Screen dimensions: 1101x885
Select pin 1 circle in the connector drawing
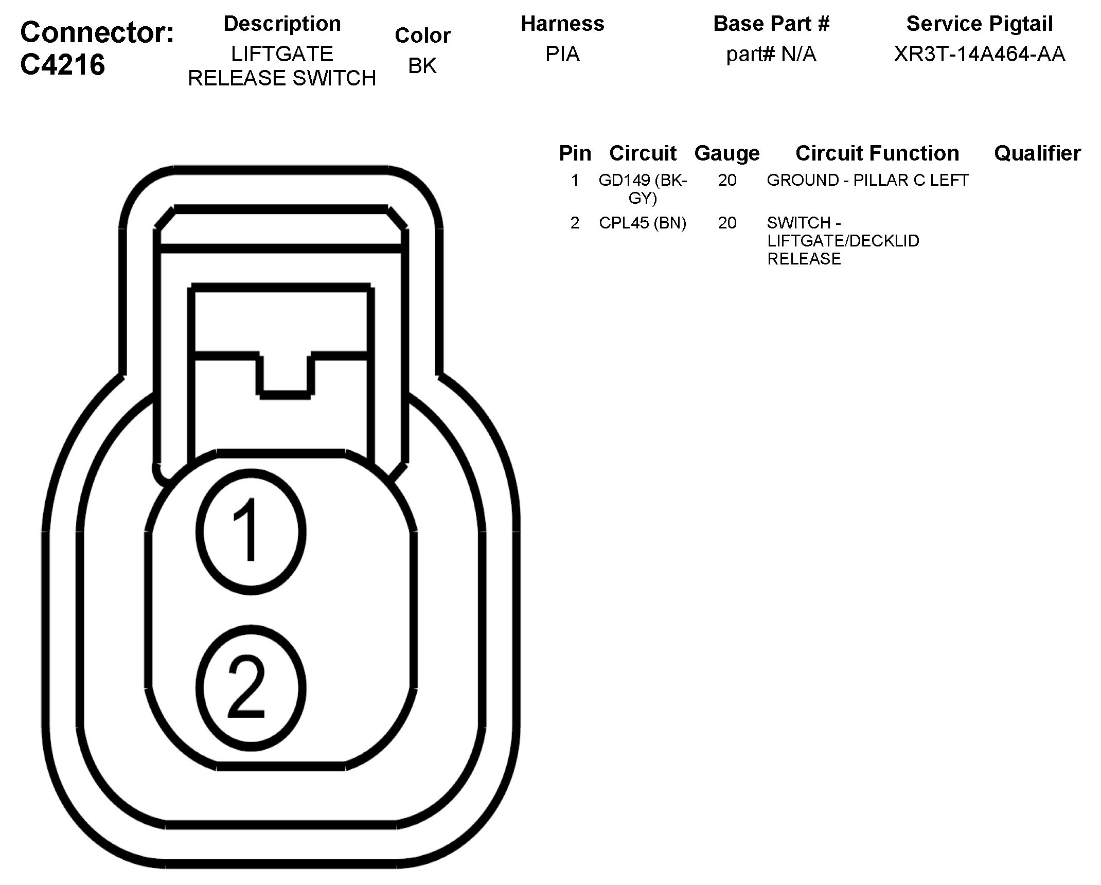(251, 531)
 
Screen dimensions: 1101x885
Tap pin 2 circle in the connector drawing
(251, 688)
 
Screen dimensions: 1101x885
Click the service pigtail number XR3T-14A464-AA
(979, 54)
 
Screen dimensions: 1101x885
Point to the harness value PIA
(562, 54)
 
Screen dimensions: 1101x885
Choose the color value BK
(422, 66)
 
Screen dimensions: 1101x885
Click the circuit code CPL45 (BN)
(643, 223)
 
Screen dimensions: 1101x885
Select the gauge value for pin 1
(727, 180)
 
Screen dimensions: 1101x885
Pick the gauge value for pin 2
(727, 223)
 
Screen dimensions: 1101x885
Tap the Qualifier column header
(1037, 153)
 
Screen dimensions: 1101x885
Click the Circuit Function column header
(877, 153)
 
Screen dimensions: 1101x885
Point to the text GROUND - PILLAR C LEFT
(867, 180)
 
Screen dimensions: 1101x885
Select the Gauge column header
(727, 153)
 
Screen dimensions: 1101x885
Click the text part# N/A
(771, 54)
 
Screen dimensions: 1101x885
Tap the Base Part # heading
(771, 24)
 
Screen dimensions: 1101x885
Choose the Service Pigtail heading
(979, 24)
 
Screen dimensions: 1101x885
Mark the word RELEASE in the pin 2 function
(804, 259)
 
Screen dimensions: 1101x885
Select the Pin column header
(575, 153)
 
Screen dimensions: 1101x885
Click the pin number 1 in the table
(575, 180)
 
